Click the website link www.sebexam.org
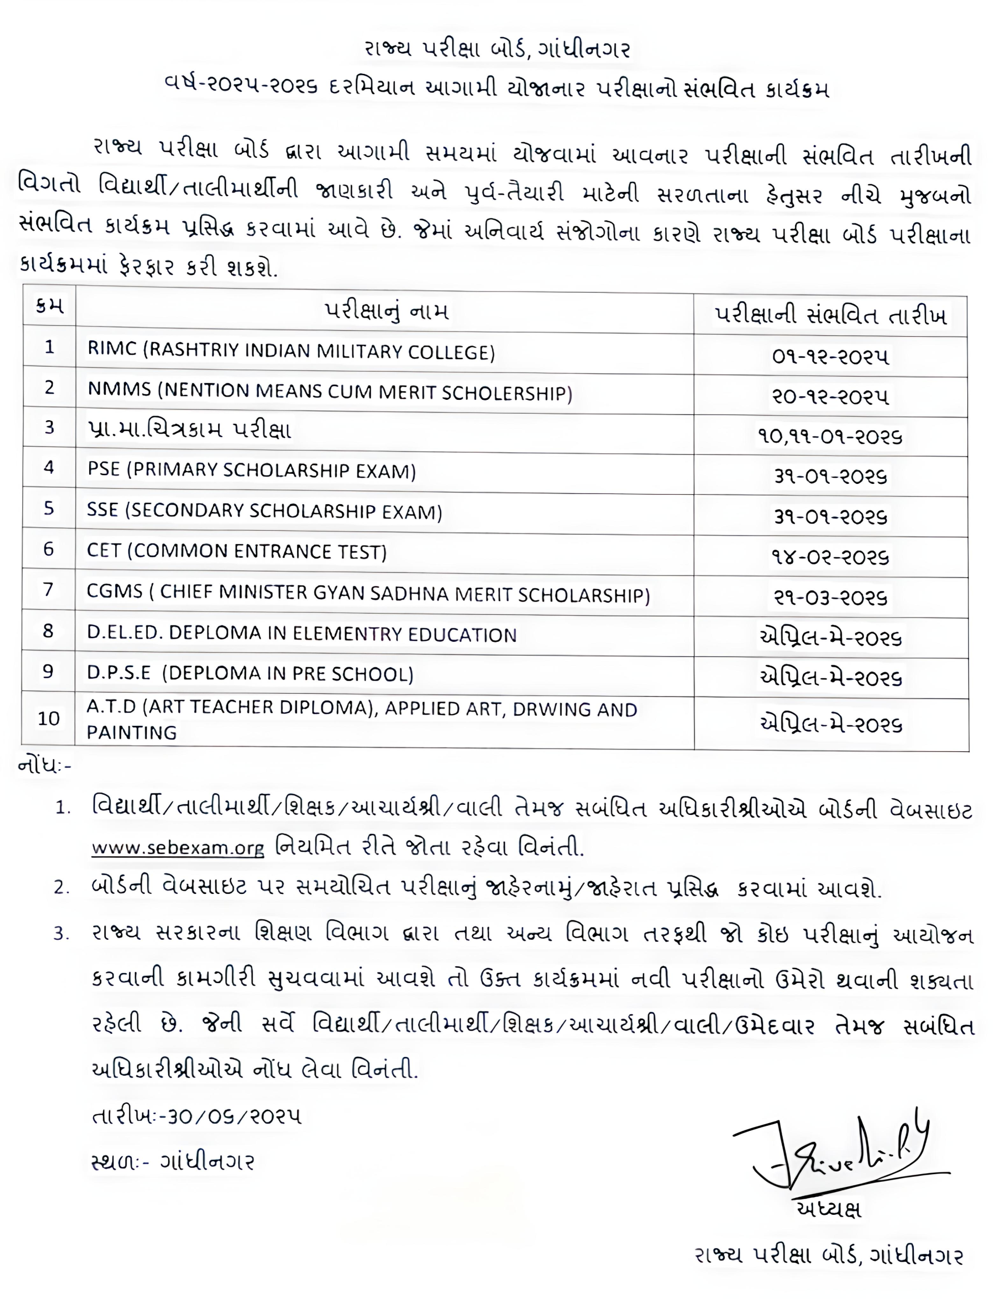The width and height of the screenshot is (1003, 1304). point(177,848)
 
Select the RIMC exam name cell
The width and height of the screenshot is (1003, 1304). point(291,351)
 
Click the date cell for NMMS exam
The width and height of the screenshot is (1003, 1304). point(830,396)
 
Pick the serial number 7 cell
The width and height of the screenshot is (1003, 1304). point(48,590)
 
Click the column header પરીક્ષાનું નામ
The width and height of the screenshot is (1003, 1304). point(386,311)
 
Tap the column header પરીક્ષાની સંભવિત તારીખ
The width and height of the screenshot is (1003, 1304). point(830,315)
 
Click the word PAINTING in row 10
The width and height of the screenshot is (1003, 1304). point(131,732)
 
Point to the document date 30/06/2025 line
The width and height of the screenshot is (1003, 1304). point(197,1116)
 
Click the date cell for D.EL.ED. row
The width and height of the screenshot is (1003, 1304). point(830,638)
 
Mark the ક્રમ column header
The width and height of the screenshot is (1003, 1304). point(49,306)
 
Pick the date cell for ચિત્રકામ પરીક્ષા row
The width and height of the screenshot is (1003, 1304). point(830,437)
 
